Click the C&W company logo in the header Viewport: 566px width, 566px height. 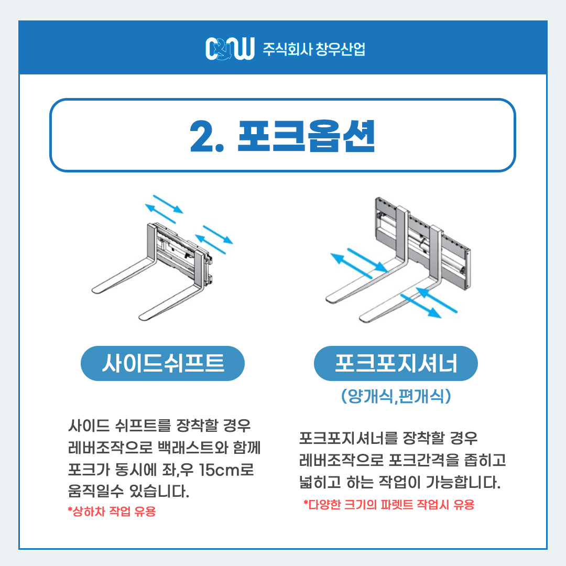click(230, 48)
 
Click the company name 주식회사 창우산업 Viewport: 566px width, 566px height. click(314, 49)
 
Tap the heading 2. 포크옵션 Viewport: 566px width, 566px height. click(282, 136)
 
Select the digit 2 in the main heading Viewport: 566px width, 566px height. click(201, 136)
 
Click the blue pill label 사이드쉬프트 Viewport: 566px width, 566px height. click(162, 363)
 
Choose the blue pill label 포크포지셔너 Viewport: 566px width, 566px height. click(396, 363)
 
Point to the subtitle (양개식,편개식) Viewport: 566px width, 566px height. click(396, 396)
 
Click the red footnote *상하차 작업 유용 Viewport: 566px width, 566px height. click(112, 511)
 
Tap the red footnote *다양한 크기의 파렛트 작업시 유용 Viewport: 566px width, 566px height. click(389, 504)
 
